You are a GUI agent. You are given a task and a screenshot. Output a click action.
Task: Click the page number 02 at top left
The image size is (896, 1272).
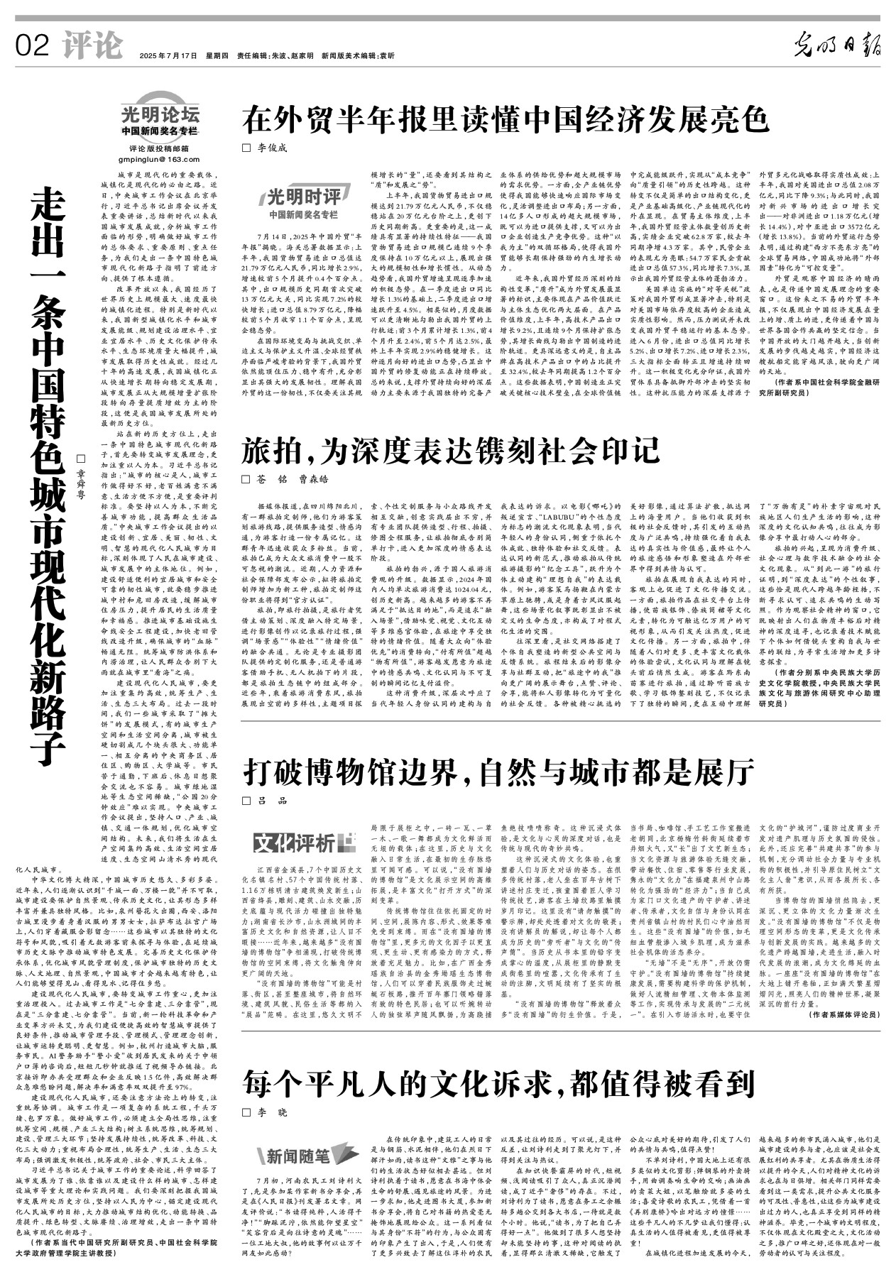pos(32,47)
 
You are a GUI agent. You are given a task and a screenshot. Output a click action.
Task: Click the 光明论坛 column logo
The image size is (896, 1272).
pos(159,114)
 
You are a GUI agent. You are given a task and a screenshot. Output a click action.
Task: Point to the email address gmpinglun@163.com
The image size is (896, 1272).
pos(159,158)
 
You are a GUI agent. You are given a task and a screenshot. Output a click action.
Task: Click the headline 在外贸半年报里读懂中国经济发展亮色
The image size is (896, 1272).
pos(506,119)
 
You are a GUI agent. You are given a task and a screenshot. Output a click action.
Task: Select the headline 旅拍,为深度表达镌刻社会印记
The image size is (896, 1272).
pos(451,451)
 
